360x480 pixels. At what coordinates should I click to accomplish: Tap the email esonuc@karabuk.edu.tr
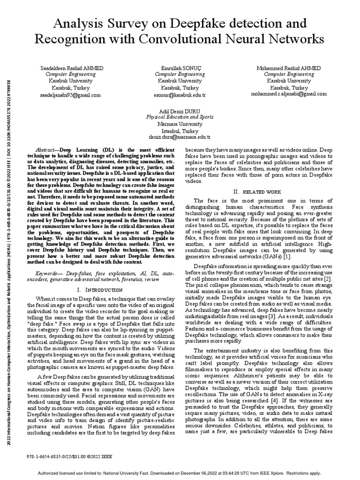click(180, 94)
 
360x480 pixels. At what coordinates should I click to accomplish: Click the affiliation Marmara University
click(180, 124)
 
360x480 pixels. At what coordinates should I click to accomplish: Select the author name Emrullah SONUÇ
click(180, 68)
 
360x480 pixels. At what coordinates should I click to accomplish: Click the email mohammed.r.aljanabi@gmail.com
click(289, 94)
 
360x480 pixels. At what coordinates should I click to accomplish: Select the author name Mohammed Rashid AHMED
click(289, 68)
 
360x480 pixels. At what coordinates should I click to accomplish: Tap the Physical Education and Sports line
click(180, 118)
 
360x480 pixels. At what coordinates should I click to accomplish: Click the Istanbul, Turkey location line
click(180, 131)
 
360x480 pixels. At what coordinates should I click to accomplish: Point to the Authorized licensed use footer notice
click(180, 473)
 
